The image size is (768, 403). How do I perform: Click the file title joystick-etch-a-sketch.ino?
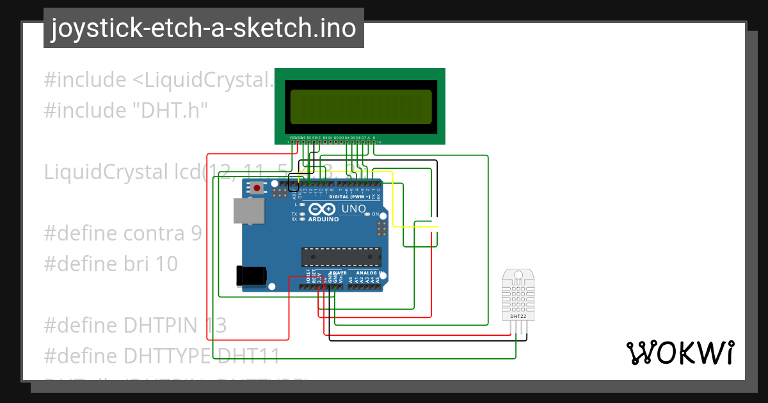[204, 28]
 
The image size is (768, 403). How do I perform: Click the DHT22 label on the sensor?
[518, 316]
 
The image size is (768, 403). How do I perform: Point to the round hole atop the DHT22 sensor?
[518, 276]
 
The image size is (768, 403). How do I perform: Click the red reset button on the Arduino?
[257, 188]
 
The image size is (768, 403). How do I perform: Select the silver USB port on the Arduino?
[248, 210]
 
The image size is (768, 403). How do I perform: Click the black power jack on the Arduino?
[251, 276]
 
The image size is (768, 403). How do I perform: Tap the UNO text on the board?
[353, 209]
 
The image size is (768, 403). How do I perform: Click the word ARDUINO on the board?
[324, 219]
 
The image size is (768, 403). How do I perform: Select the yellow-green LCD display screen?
[360, 106]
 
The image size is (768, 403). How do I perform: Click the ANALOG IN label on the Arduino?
[369, 273]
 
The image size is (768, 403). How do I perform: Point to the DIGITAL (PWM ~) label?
[349, 196]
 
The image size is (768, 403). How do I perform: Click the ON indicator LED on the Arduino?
[367, 214]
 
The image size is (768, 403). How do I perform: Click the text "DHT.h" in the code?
[170, 111]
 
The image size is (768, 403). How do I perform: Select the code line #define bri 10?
[111, 264]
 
